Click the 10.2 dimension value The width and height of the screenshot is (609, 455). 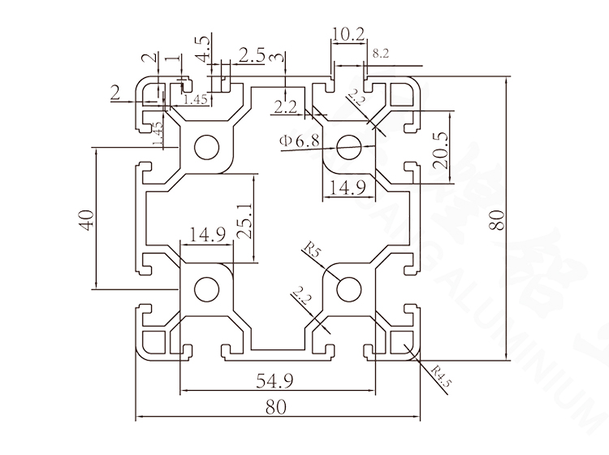point(348,34)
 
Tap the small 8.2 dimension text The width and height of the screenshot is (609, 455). point(380,54)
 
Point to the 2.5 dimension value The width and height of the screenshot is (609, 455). point(252,54)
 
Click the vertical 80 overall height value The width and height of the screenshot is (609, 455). point(496,219)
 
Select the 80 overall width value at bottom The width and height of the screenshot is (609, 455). point(277,409)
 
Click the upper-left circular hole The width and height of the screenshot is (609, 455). point(206,147)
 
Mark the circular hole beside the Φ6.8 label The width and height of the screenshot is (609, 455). point(349,147)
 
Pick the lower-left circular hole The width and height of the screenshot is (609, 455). point(206,288)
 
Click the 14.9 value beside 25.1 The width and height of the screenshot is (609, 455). point(206,236)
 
